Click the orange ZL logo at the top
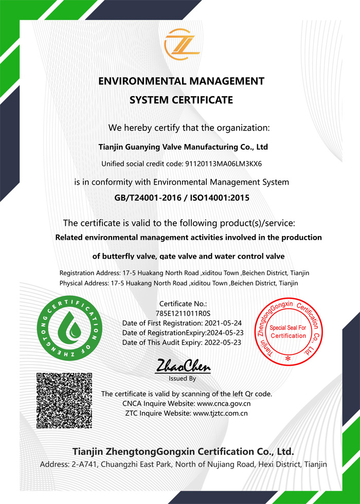182,44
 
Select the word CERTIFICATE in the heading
202,100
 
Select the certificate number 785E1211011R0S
183,313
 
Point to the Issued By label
183,379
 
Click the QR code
64,400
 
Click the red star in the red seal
288,357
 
